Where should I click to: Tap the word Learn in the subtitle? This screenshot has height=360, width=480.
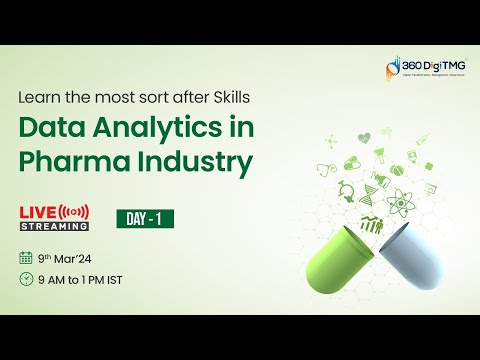[x=38, y=98]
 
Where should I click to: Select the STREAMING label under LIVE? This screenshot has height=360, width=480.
[x=53, y=226]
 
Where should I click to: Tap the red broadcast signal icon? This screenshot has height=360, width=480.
[x=75, y=211]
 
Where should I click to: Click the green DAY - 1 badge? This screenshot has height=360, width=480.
[x=137, y=217]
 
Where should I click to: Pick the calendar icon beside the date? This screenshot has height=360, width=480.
[x=26, y=257]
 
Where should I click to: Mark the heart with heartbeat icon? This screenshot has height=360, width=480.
[x=363, y=136]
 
